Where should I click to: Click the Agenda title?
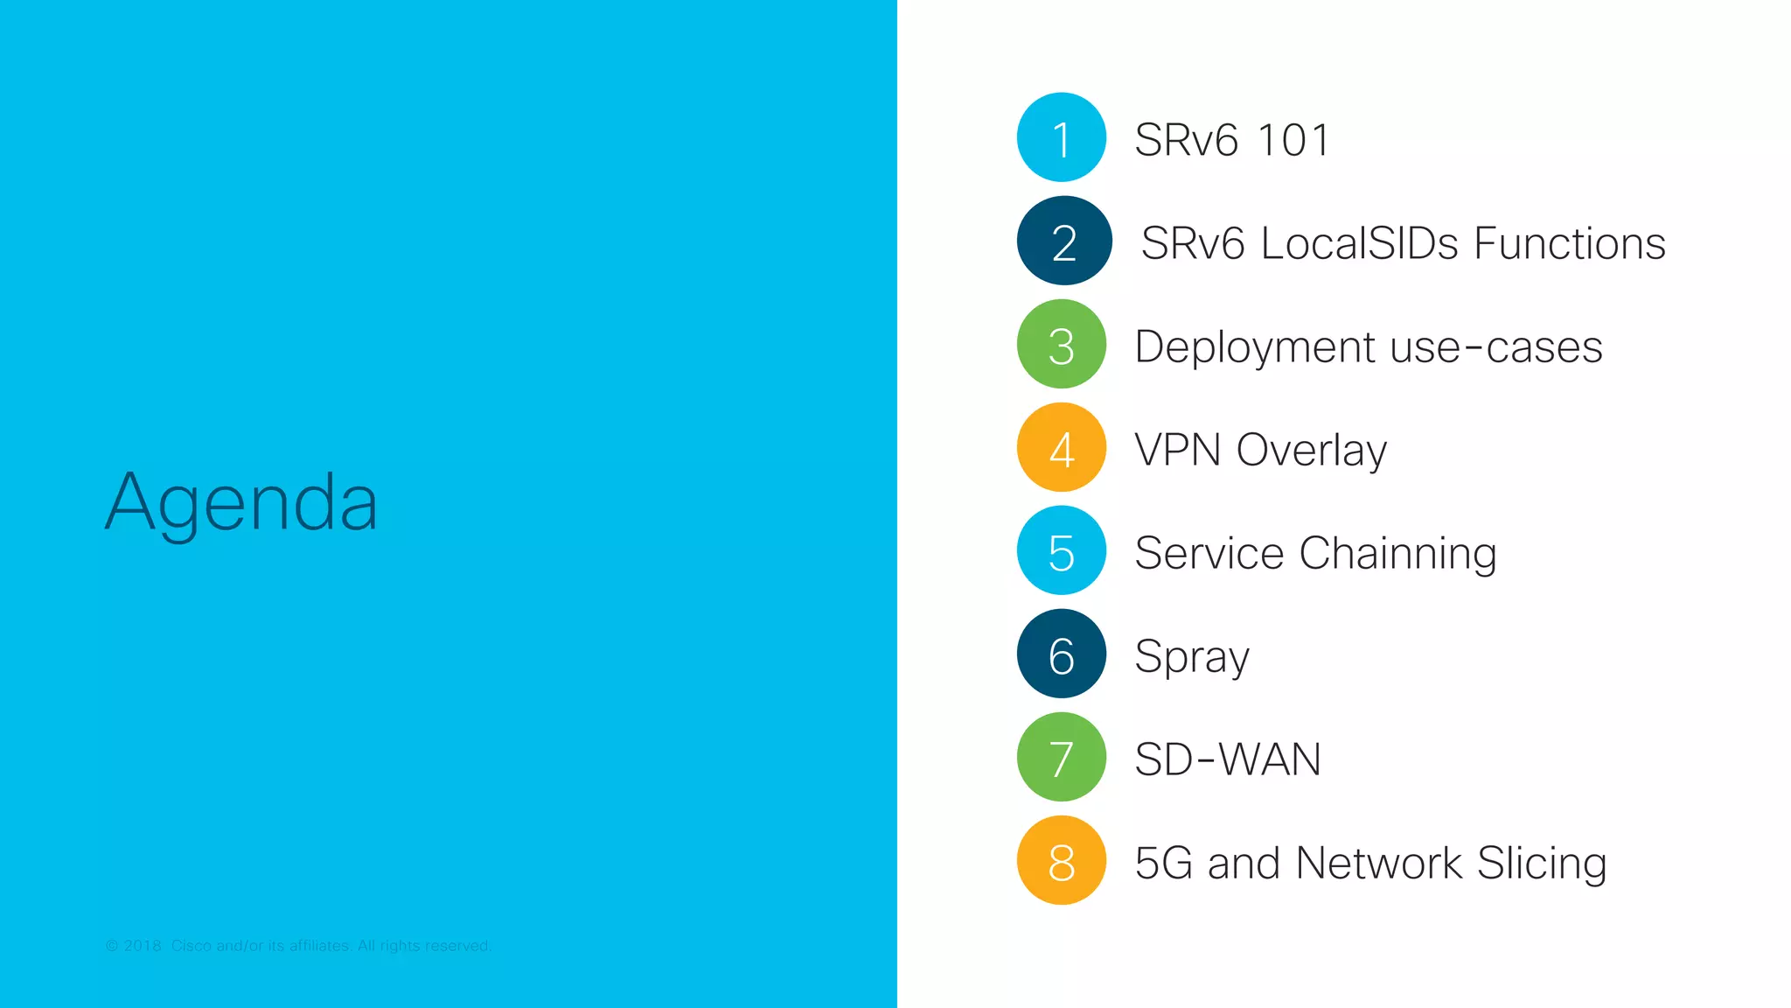pos(241,502)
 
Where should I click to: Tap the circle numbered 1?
pos(1062,137)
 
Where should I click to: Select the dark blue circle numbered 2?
pos(1063,241)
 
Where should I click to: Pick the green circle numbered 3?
pos(1062,344)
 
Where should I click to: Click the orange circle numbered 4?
pos(1062,447)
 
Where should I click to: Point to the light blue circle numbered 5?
pos(1062,550)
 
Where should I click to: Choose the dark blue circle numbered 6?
pos(1062,654)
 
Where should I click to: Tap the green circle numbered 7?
pos(1062,757)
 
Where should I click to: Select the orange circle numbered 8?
pos(1062,860)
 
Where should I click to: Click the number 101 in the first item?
pos(1293,140)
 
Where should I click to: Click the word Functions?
pos(1570,243)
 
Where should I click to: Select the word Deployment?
pos(1255,347)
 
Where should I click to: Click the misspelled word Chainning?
pos(1397,554)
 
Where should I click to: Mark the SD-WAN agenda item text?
pos(1227,759)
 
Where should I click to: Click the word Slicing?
pos(1542,864)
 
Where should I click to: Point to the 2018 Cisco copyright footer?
pos(298,946)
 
